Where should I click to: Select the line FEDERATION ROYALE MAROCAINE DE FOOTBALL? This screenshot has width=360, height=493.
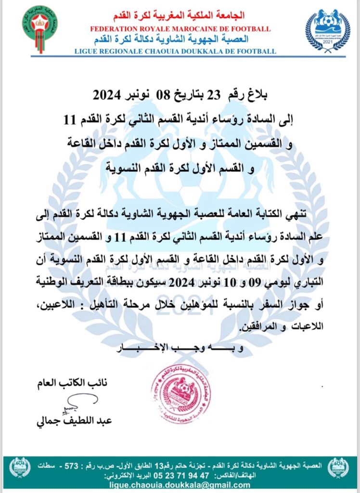click(x=180, y=29)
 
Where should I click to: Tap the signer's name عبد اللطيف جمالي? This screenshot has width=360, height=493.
click(x=74, y=420)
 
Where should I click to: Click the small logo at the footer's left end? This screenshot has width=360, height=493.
click(x=19, y=467)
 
